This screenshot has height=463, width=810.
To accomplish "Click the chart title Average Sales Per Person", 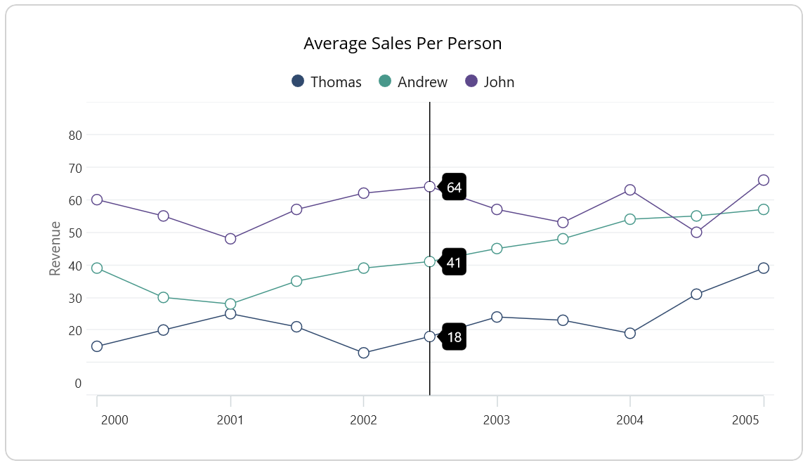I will point(403,44).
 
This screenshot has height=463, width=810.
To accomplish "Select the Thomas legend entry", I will point(327,81).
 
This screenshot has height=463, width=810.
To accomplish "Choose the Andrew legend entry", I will point(414,81).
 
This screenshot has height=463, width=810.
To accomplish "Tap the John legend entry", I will point(490,81).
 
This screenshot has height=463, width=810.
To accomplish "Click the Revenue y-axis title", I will point(55,248).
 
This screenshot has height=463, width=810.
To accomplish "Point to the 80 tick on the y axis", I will point(74,135).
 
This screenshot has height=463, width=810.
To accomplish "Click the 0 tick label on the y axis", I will point(78,383).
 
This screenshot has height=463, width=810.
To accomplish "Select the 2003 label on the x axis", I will point(497,420).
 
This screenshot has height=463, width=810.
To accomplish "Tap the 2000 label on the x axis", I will point(115,420).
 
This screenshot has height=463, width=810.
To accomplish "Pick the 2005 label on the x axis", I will point(745,420).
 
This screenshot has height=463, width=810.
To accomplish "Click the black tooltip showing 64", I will point(454,187).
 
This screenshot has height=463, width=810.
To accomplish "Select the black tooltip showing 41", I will point(454,263).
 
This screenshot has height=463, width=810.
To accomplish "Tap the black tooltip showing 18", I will point(454,337).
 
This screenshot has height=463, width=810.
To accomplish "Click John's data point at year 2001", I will point(230,239).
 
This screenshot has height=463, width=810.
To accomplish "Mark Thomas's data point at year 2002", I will point(363,353).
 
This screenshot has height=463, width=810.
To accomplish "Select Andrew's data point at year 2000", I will point(97,268).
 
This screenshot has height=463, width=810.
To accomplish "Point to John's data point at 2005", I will point(764,180).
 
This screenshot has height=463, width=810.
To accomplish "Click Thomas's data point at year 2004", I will point(630,333).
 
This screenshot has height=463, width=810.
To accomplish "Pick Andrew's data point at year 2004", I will point(630,219).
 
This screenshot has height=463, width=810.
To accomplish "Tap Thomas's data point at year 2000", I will point(97,346).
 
